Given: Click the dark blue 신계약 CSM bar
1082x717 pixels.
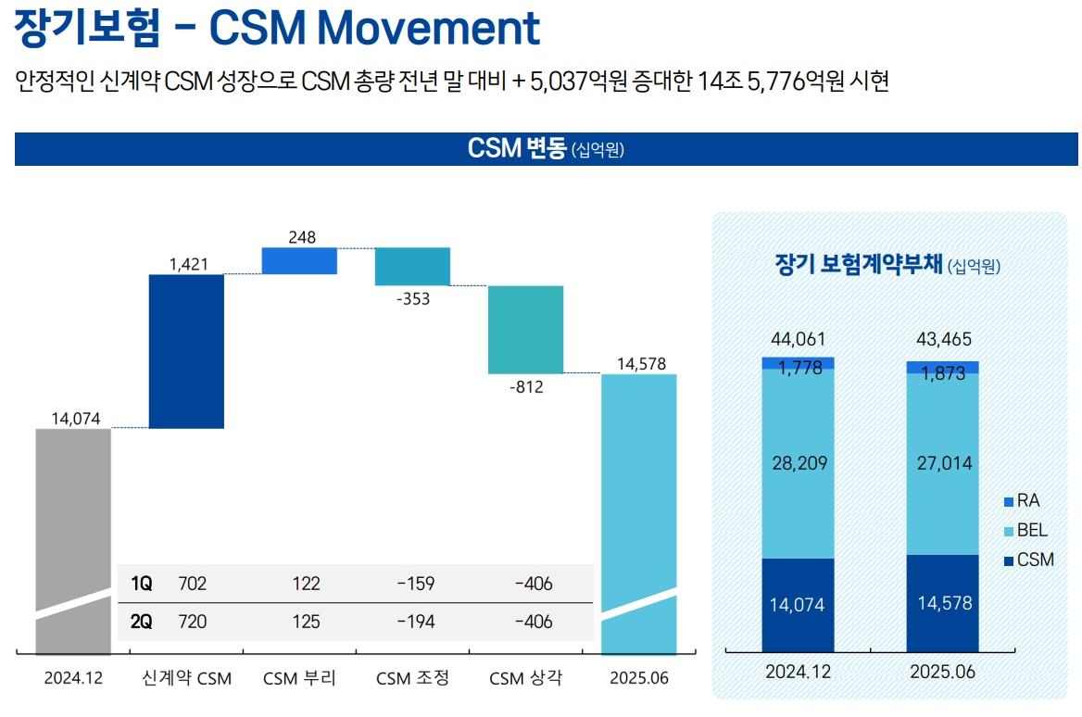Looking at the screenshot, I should [186, 351].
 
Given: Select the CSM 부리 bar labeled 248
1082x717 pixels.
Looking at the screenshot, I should [299, 260].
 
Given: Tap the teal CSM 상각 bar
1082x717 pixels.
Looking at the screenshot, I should [525, 329].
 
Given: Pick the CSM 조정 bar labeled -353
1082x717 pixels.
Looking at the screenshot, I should [412, 266].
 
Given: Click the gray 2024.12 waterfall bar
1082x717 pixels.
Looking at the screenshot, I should [73, 519].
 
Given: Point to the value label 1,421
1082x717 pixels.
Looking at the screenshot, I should [188, 265].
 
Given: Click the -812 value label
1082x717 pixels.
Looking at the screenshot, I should [525, 387].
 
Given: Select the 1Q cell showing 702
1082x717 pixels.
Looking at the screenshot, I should [193, 584].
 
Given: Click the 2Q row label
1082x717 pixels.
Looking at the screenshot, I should [142, 622].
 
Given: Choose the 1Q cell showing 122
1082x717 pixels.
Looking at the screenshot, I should [306, 584].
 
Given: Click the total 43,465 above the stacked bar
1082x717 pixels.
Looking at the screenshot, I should [941, 339].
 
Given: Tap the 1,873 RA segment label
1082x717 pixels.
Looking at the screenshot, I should [942, 372].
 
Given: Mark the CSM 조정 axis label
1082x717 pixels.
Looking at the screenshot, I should [412, 678].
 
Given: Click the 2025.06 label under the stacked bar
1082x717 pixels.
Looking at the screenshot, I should [941, 672].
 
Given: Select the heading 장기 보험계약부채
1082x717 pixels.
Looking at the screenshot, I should [858, 265].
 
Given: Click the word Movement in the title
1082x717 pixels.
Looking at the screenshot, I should [428, 29].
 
